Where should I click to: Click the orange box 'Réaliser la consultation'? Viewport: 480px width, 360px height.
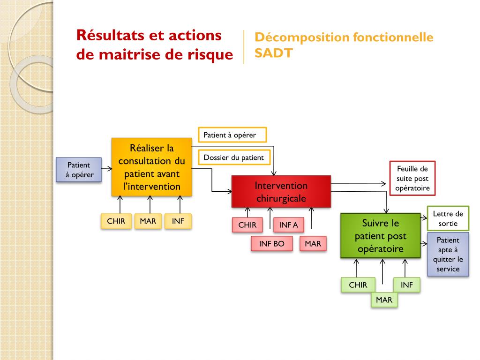point(151,167)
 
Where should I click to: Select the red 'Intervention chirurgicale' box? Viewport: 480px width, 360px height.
point(281,192)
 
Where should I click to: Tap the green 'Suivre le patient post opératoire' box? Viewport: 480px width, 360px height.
point(380,236)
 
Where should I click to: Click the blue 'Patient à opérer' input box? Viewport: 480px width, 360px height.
point(79,170)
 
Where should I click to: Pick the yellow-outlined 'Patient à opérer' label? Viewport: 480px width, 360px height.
point(232,135)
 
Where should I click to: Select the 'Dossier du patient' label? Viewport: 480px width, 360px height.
point(233,157)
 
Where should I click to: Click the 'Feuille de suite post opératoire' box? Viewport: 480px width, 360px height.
point(412,179)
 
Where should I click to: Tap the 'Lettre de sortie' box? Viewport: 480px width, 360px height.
point(448,218)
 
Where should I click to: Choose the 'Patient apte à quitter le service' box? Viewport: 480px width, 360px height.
point(448,255)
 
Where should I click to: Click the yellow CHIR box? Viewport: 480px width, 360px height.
point(116,221)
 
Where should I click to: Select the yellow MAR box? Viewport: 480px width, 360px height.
point(148,221)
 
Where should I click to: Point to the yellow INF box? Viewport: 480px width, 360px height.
point(178,221)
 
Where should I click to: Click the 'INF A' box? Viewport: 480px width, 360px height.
point(288,225)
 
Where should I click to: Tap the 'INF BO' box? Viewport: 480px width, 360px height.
point(272,244)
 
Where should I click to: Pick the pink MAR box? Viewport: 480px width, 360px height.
point(313,244)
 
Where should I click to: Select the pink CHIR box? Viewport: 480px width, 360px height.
point(247,225)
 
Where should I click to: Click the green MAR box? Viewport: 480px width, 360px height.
point(384,300)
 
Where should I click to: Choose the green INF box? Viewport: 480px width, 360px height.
point(406,285)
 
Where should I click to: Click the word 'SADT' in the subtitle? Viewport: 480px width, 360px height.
point(273,53)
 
